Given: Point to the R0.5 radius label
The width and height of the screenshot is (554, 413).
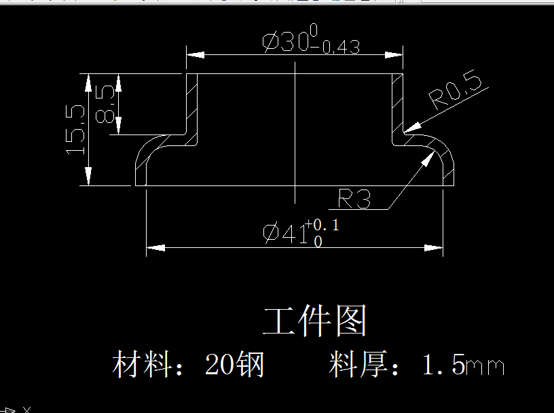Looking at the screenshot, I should point(456,92).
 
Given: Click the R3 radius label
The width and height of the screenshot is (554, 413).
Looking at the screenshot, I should point(354,199).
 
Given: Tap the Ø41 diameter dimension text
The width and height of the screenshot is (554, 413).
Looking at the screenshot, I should point(284,233).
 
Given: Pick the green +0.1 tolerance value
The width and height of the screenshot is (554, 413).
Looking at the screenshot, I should point(322,225).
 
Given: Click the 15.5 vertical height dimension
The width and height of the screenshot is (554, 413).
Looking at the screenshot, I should point(75,129).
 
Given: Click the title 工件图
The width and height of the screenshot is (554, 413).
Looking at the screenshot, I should point(315,321).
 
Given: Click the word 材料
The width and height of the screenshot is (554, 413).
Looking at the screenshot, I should point(141,365).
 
